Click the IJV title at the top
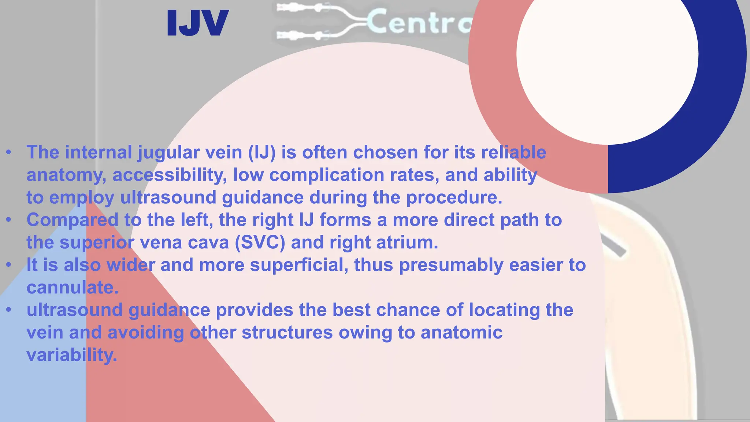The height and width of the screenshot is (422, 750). pyautogui.click(x=198, y=23)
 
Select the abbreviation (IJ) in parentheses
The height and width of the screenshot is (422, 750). pyautogui.click(x=262, y=153)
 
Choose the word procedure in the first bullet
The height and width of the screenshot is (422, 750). pyautogui.click(x=454, y=197)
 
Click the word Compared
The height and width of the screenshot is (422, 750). pyautogui.click(x=73, y=220)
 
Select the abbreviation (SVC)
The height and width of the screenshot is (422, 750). pyautogui.click(x=260, y=243)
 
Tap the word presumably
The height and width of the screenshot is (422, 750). pyautogui.click(x=451, y=265)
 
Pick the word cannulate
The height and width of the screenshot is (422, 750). pyautogui.click(x=73, y=288)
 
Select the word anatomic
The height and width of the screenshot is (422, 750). pyautogui.click(x=461, y=333)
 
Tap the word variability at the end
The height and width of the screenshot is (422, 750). pyautogui.click(x=72, y=355)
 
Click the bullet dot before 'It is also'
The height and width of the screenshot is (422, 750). pyautogui.click(x=9, y=265)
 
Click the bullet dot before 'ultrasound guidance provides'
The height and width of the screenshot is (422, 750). pyautogui.click(x=9, y=310)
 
